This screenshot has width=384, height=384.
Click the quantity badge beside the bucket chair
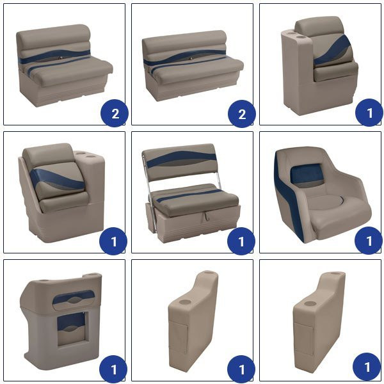click(x=368, y=241)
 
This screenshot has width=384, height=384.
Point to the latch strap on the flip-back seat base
click(x=206, y=217)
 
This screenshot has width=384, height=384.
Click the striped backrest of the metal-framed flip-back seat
click(x=180, y=162)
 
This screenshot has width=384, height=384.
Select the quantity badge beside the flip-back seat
click(x=241, y=241)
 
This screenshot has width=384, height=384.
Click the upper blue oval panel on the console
click(x=74, y=297)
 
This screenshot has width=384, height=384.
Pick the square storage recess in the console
click(x=72, y=329)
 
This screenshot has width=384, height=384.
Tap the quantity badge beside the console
click(x=113, y=369)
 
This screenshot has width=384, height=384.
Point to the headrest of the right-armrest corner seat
click(x=49, y=153)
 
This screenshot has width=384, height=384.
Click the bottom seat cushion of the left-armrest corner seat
click(x=335, y=71)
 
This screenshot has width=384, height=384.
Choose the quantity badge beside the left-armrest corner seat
click(x=369, y=113)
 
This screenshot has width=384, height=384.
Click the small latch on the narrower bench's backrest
click(x=60, y=58)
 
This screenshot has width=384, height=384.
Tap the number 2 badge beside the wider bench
click(x=242, y=114)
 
